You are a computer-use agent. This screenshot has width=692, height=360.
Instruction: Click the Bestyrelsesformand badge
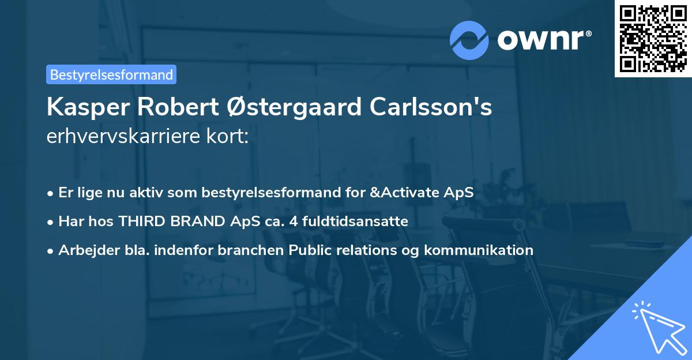111,74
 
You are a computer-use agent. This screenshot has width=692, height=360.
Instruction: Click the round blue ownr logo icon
469,40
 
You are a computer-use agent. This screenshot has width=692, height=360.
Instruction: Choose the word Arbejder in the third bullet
85,250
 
